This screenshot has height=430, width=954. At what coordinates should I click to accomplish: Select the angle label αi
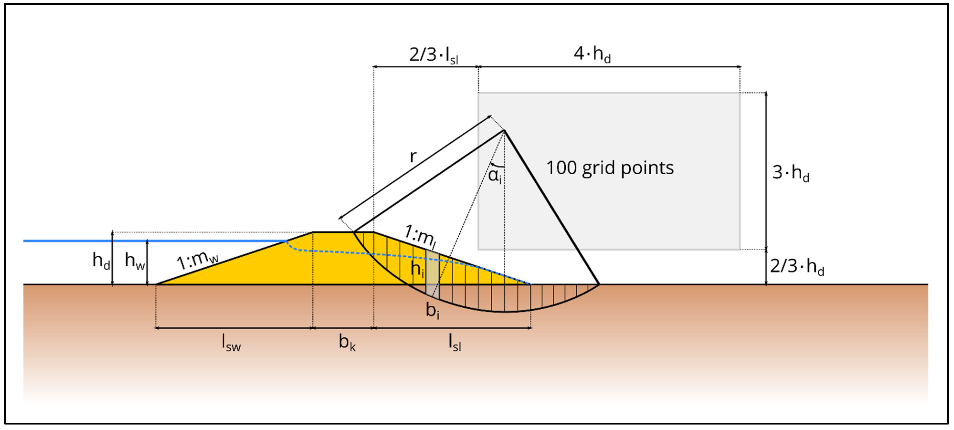495,175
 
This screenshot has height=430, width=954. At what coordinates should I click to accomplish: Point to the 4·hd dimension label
592,54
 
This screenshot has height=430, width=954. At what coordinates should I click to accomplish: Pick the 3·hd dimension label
790,173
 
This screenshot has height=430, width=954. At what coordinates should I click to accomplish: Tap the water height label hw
134,260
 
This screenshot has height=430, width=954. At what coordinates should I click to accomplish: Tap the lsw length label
231,342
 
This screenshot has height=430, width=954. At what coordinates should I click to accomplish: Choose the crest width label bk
347,342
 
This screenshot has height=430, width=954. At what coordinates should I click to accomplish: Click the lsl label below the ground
455,342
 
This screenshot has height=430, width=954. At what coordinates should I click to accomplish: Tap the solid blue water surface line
148,241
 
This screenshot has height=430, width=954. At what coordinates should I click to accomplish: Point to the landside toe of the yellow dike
530,284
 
